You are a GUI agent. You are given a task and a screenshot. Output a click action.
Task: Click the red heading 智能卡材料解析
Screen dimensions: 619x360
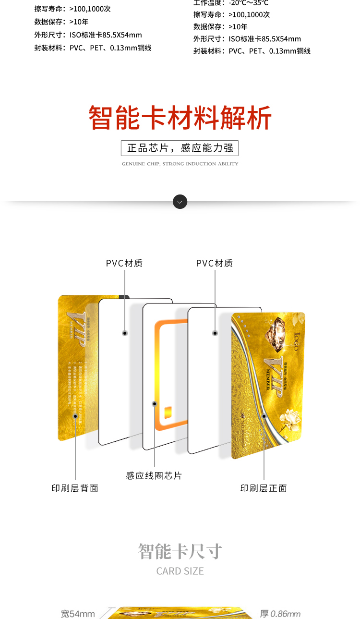pyautogui.click(x=180, y=118)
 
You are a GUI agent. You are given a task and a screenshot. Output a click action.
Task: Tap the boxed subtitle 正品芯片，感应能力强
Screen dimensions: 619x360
pyautogui.click(x=180, y=148)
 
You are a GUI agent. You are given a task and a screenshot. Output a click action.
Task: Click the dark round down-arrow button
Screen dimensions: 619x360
pyautogui.click(x=180, y=202)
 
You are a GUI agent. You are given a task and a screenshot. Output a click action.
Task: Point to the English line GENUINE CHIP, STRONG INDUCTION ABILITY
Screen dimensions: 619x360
pyautogui.click(x=180, y=164)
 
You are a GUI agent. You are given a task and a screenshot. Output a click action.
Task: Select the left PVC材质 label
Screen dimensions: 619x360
pyautogui.click(x=124, y=263)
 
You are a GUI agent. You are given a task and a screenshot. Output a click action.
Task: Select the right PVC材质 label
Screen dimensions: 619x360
pyautogui.click(x=215, y=263)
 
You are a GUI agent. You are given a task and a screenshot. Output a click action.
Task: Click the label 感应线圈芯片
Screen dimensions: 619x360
pyautogui.click(x=154, y=476)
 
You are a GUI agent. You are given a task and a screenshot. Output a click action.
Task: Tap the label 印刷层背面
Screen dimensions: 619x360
pyautogui.click(x=75, y=488)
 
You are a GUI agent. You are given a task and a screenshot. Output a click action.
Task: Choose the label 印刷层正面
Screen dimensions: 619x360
pyautogui.click(x=264, y=488)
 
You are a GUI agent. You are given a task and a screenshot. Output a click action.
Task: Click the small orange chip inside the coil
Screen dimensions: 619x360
pyautogui.click(x=168, y=413)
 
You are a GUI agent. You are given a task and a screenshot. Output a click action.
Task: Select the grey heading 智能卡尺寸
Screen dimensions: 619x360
pyautogui.click(x=180, y=551)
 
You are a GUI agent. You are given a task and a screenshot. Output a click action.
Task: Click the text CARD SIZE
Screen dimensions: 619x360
pyautogui.click(x=180, y=571)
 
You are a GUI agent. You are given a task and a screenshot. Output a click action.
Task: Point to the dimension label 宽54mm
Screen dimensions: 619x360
pyautogui.click(x=78, y=614)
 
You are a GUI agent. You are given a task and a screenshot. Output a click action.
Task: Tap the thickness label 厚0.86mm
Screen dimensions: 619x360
pyautogui.click(x=280, y=614)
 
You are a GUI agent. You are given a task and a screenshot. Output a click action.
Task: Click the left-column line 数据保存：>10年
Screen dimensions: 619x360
pyautogui.click(x=61, y=22)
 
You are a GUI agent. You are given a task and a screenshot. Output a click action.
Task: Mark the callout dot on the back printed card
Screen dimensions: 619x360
pyautogui.click(x=75, y=416)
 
